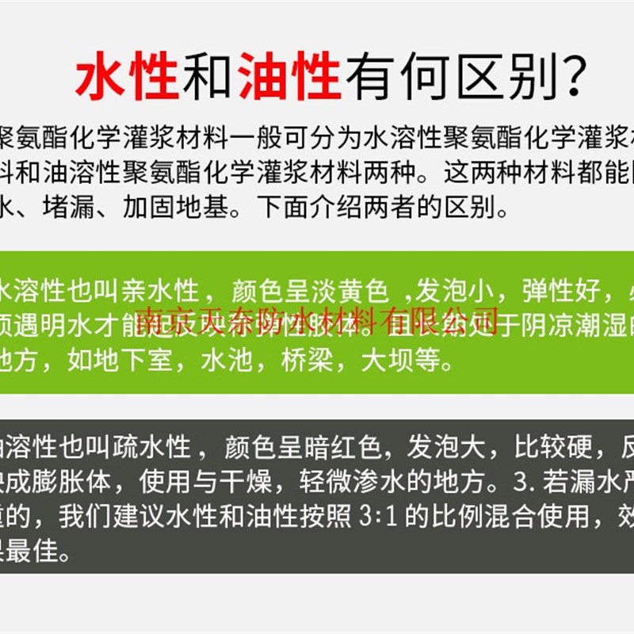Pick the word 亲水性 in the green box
point(172,292)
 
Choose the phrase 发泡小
point(455,292)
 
